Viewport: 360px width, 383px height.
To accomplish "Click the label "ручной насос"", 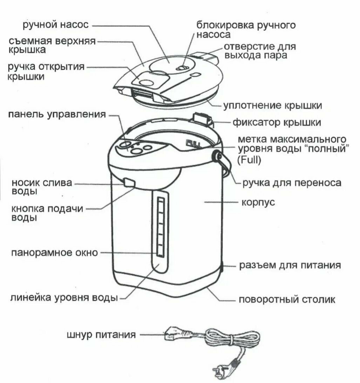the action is tap(55, 25).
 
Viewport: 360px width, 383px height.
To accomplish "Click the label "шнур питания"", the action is tap(101, 335).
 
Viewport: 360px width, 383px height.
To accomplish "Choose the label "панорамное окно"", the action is tap(54, 253).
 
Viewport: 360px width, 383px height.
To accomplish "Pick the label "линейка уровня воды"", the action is tap(64, 298).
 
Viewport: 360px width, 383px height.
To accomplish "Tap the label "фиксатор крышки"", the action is tap(277, 123).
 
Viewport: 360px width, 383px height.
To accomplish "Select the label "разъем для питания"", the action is tap(290, 265).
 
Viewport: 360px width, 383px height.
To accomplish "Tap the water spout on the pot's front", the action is tap(129, 182).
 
